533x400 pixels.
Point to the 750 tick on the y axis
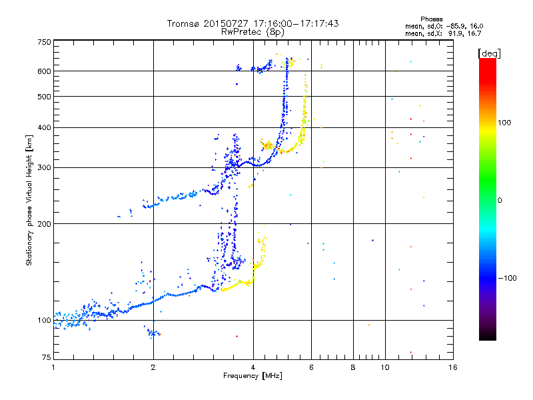[45, 42]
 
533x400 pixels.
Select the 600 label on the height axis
[45, 71]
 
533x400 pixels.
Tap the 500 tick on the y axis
[45, 97]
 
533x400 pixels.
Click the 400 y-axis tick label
[45, 128]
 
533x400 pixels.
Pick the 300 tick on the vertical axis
[45, 168]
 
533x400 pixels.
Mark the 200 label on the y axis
[45, 224]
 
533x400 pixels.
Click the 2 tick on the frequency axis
[153, 367]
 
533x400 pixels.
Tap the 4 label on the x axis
[253, 367]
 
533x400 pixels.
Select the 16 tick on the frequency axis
[453, 367]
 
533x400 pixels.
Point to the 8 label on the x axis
[353, 367]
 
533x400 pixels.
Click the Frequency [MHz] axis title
[253, 377]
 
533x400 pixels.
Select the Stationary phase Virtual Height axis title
[29, 200]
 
